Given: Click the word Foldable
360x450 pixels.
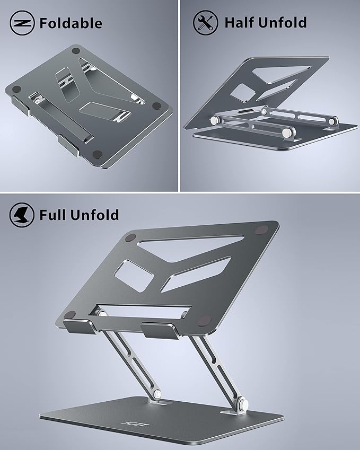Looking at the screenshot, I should pos(71,23).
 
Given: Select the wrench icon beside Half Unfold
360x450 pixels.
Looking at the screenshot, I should pos(206,23).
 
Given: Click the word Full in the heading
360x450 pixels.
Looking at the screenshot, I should pos(55,215).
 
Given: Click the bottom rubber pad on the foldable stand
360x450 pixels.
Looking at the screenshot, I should pos(97,154).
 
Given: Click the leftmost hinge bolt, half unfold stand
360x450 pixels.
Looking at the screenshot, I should pos(215,121).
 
